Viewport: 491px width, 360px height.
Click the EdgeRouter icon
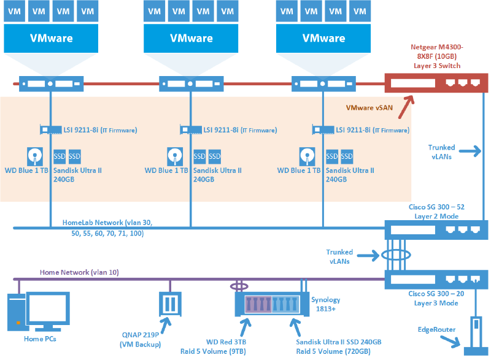pyautogui.click(x=474, y=335)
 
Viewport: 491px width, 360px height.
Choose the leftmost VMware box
pyautogui.click(x=51, y=38)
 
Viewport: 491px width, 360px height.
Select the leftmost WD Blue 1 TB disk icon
pyautogui.click(x=36, y=155)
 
